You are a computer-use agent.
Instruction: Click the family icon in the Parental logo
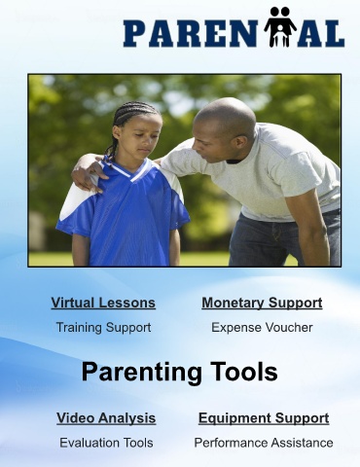coord(280,26)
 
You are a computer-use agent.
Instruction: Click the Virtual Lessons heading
coord(103,303)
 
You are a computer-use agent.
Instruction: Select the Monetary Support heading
coord(262,303)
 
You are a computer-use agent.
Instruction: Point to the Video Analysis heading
coord(106,418)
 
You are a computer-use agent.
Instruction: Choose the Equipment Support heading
coord(264,418)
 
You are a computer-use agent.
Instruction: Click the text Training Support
coord(103,328)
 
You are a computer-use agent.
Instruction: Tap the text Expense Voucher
coord(262,328)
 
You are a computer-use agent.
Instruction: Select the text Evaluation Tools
coord(106,443)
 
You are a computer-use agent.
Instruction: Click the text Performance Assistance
coord(264,443)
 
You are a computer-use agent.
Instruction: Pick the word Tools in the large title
coord(244,372)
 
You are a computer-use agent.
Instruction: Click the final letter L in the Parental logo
coord(333,33)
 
